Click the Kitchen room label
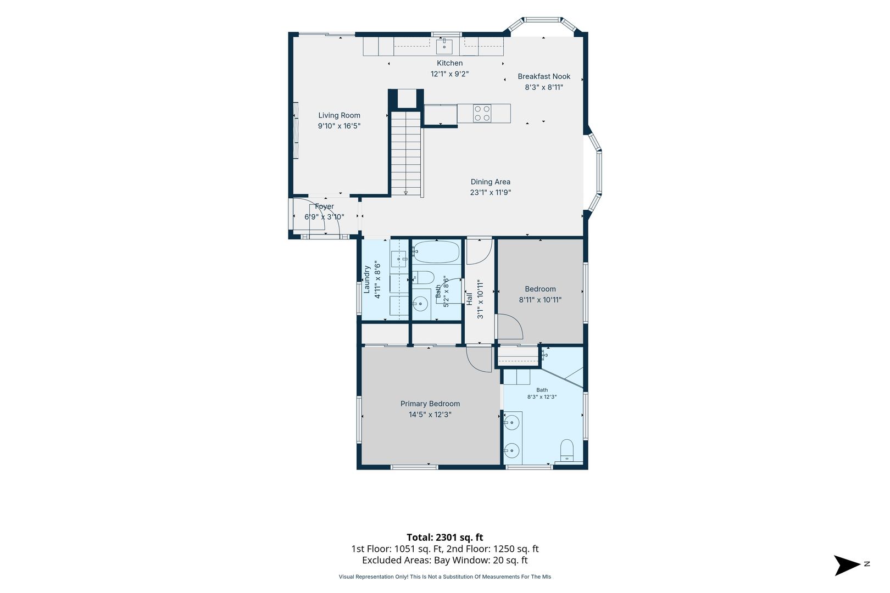coord(449,63)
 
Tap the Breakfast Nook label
coord(543,76)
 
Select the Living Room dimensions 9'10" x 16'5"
coord(339,126)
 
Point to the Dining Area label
coord(490,182)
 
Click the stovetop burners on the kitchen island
coord(482,113)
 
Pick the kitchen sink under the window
coord(444,47)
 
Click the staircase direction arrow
coord(405,193)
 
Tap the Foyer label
coord(324,206)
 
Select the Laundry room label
coord(367,279)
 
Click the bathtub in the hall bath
coord(436,252)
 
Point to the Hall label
coord(469,299)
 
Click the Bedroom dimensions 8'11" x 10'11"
coord(540,300)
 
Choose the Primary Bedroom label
coord(430,404)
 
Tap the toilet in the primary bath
coord(566,450)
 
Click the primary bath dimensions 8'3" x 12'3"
coord(542,397)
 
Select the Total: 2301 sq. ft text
coord(444,538)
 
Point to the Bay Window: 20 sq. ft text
coord(481,560)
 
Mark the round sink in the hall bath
coord(420,304)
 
